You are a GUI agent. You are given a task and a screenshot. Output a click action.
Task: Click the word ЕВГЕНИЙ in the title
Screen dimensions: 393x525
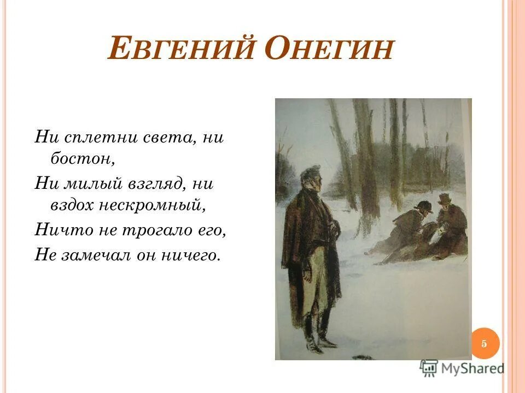(180, 51)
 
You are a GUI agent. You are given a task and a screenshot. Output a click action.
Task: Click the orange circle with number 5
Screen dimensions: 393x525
(483, 343)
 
